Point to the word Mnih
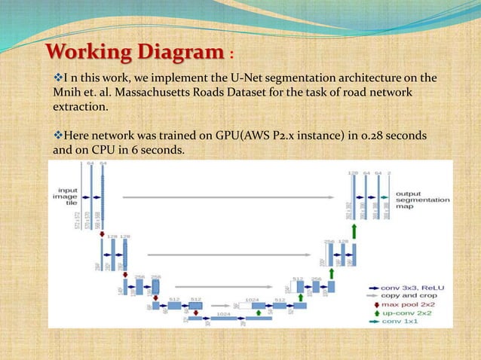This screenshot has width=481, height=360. pos(60,93)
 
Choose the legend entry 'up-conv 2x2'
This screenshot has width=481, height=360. pos(402,312)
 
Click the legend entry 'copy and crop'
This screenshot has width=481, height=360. pos(406,295)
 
